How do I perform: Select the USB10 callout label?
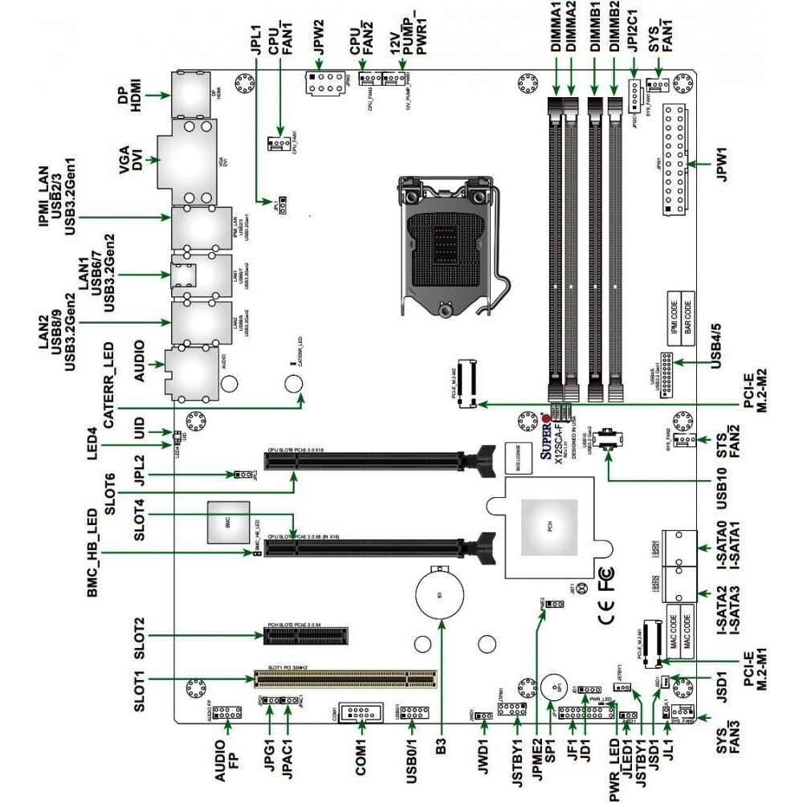click(722, 480)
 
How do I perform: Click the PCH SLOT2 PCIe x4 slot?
click(308, 637)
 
